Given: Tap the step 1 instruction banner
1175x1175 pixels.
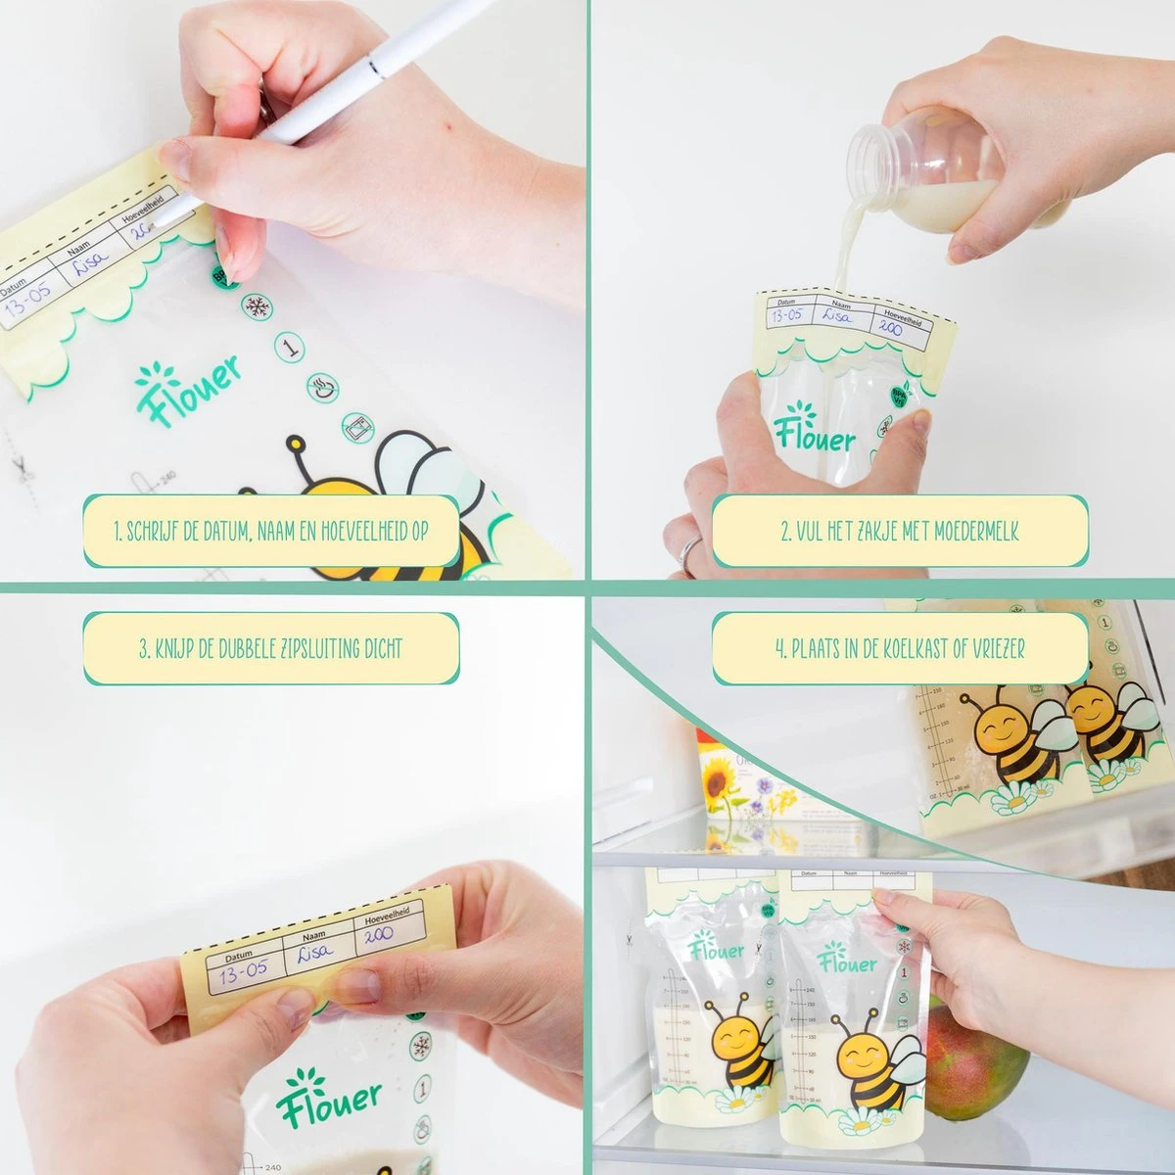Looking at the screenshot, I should (x=271, y=531).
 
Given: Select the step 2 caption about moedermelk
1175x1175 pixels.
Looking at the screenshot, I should (x=900, y=531).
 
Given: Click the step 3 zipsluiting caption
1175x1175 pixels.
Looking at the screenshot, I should (x=271, y=647).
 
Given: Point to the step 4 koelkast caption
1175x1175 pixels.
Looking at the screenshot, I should (x=900, y=647).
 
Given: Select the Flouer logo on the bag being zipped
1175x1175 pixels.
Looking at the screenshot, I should (x=328, y=1102).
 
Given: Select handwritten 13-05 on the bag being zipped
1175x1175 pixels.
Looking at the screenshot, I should (x=241, y=975).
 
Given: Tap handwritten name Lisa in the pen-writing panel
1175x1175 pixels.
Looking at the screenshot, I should (x=95, y=269).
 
